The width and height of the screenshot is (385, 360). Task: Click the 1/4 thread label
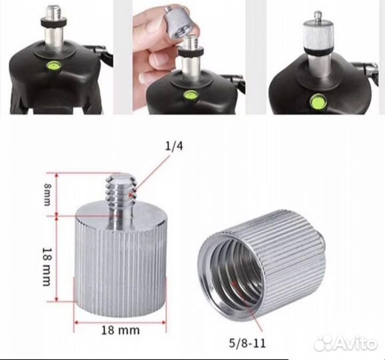pos(174,146)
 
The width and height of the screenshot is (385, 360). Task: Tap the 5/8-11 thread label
pos(247,343)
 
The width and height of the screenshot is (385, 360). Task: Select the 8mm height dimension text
pos(47,195)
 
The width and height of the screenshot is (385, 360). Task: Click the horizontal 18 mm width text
pos(121,330)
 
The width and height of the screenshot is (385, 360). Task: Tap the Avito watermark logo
pos(346,342)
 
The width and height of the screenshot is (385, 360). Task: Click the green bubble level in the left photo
pos(54,65)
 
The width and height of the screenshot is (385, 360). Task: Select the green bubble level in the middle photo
pos(189,95)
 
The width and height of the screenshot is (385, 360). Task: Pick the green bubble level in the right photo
pos(317,101)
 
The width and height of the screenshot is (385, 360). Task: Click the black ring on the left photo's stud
pos(53,23)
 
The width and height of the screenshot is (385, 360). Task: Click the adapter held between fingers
pos(176,20)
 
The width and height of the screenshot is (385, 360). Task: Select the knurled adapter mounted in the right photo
pos(318,35)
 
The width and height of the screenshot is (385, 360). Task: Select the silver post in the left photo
pos(53,39)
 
